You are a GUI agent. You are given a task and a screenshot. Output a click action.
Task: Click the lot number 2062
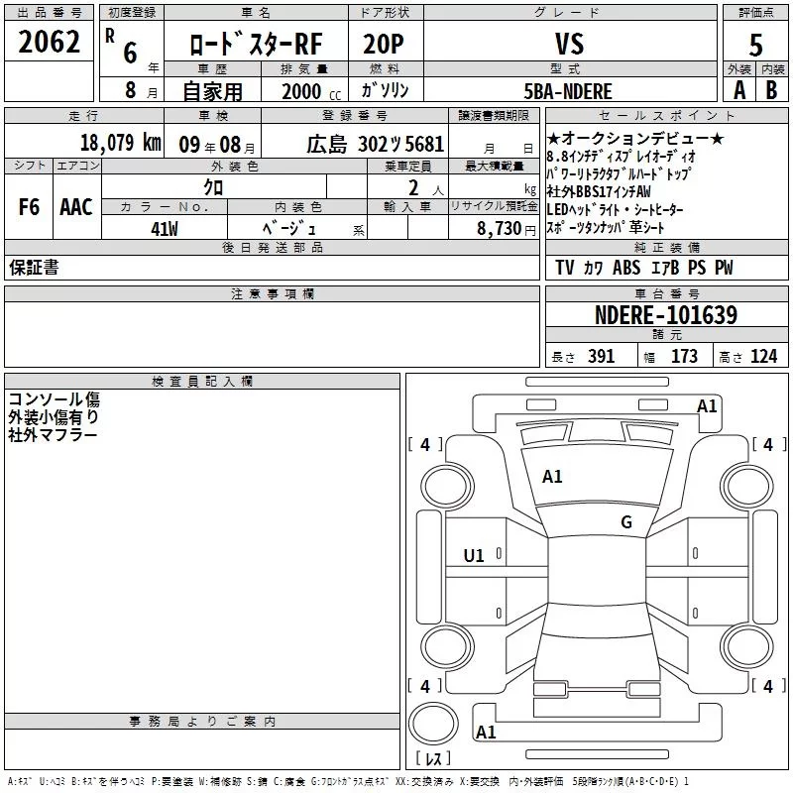[x=49, y=43]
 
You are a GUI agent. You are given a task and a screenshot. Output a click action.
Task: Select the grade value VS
[x=569, y=44]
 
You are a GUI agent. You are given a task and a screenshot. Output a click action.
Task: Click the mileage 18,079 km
[x=120, y=143]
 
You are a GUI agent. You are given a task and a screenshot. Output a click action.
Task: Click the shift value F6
[x=29, y=207]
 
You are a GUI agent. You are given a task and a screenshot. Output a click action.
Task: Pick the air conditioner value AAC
[x=76, y=207]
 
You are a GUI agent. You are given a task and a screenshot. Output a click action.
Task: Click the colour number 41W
[x=165, y=228]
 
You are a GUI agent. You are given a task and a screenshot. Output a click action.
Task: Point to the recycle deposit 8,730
[x=500, y=228]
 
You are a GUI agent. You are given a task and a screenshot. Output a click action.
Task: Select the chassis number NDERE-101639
[x=665, y=315]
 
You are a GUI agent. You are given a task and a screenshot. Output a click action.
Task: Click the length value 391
[x=600, y=356]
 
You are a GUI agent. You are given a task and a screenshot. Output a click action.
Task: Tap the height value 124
[x=763, y=356]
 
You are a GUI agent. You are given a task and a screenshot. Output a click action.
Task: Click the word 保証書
[x=34, y=268]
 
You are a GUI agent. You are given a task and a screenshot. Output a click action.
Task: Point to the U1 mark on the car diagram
[x=474, y=556]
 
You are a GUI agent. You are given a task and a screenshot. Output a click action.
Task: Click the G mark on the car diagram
[x=625, y=522]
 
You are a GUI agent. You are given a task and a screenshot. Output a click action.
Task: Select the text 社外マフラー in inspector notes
[x=53, y=434]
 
